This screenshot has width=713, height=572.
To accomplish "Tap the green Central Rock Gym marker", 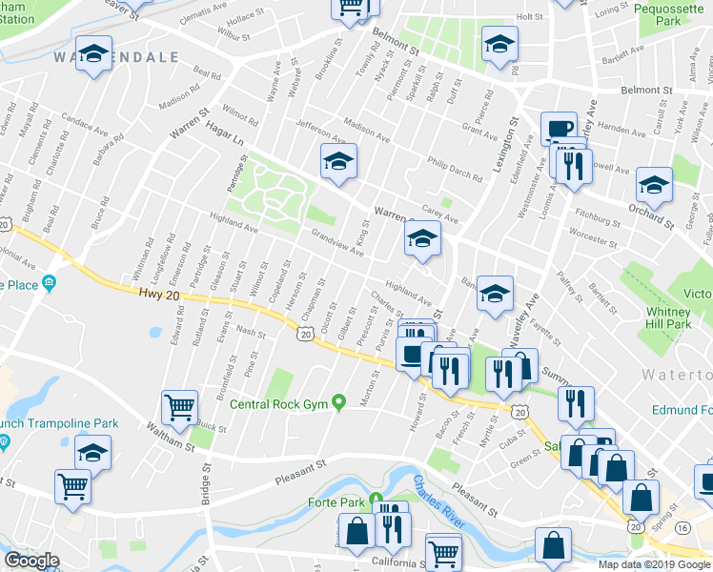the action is (337, 404).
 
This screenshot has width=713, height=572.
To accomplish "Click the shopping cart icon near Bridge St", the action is (179, 407).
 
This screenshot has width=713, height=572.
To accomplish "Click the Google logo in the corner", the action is (31, 561).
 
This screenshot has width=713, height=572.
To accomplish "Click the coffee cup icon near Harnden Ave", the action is (559, 128).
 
